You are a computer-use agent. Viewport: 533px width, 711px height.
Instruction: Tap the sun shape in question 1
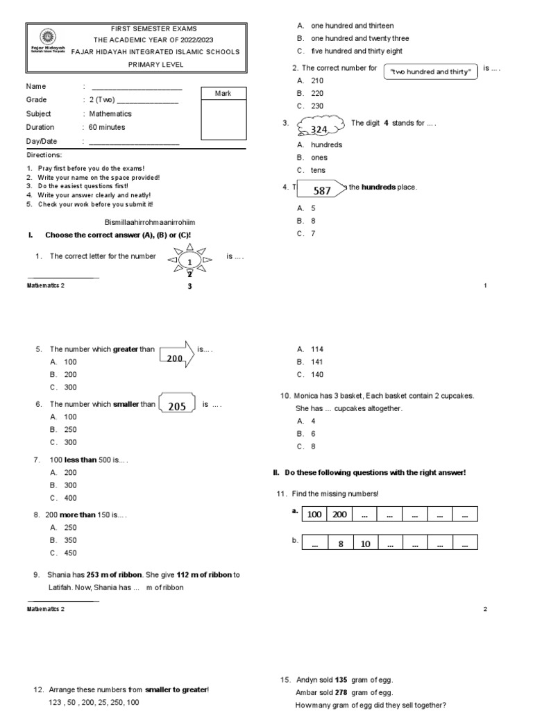click(x=188, y=261)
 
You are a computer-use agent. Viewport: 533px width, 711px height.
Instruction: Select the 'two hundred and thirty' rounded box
click(x=431, y=72)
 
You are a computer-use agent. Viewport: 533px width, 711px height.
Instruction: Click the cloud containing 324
click(x=320, y=128)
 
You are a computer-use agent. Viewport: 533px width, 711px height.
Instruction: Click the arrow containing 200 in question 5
click(x=176, y=355)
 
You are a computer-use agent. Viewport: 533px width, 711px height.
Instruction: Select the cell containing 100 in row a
click(x=314, y=514)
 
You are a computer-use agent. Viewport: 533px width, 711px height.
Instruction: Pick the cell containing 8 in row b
click(x=341, y=544)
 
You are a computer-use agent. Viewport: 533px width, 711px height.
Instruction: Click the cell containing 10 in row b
click(x=366, y=544)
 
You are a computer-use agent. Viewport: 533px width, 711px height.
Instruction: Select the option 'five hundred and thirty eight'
click(x=357, y=51)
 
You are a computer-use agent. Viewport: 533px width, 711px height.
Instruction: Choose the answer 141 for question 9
click(x=317, y=362)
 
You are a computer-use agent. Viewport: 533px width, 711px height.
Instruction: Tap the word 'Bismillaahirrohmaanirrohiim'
click(x=149, y=222)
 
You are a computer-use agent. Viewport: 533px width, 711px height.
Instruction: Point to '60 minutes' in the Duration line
click(x=107, y=127)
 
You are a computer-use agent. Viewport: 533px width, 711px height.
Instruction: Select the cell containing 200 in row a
click(x=339, y=514)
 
